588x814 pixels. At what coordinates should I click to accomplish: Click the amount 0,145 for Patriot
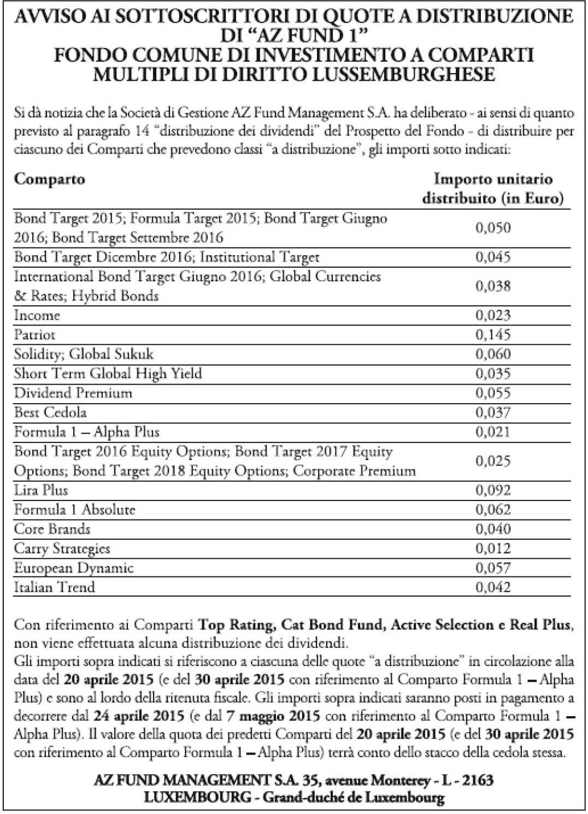coord(493,334)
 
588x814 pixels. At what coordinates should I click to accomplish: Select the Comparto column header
coord(49,179)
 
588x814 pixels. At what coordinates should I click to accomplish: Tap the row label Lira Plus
coord(41,490)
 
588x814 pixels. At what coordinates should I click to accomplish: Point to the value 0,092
coord(493,490)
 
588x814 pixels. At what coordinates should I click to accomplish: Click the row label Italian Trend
coord(54,587)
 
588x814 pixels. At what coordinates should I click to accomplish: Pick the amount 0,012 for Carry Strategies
coord(493,548)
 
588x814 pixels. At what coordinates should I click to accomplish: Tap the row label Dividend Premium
coord(73,393)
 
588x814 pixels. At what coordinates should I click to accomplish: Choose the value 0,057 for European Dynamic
coord(493,568)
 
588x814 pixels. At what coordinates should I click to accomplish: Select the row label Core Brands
coord(52,529)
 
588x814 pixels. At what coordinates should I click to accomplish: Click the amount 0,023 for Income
coord(493,315)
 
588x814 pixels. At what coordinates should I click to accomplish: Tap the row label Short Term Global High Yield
coord(108,374)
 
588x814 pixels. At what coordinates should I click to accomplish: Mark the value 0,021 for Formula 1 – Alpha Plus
coord(493,432)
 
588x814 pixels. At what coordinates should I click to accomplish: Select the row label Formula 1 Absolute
coord(74,510)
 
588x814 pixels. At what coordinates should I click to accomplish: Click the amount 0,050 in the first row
coord(493,228)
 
